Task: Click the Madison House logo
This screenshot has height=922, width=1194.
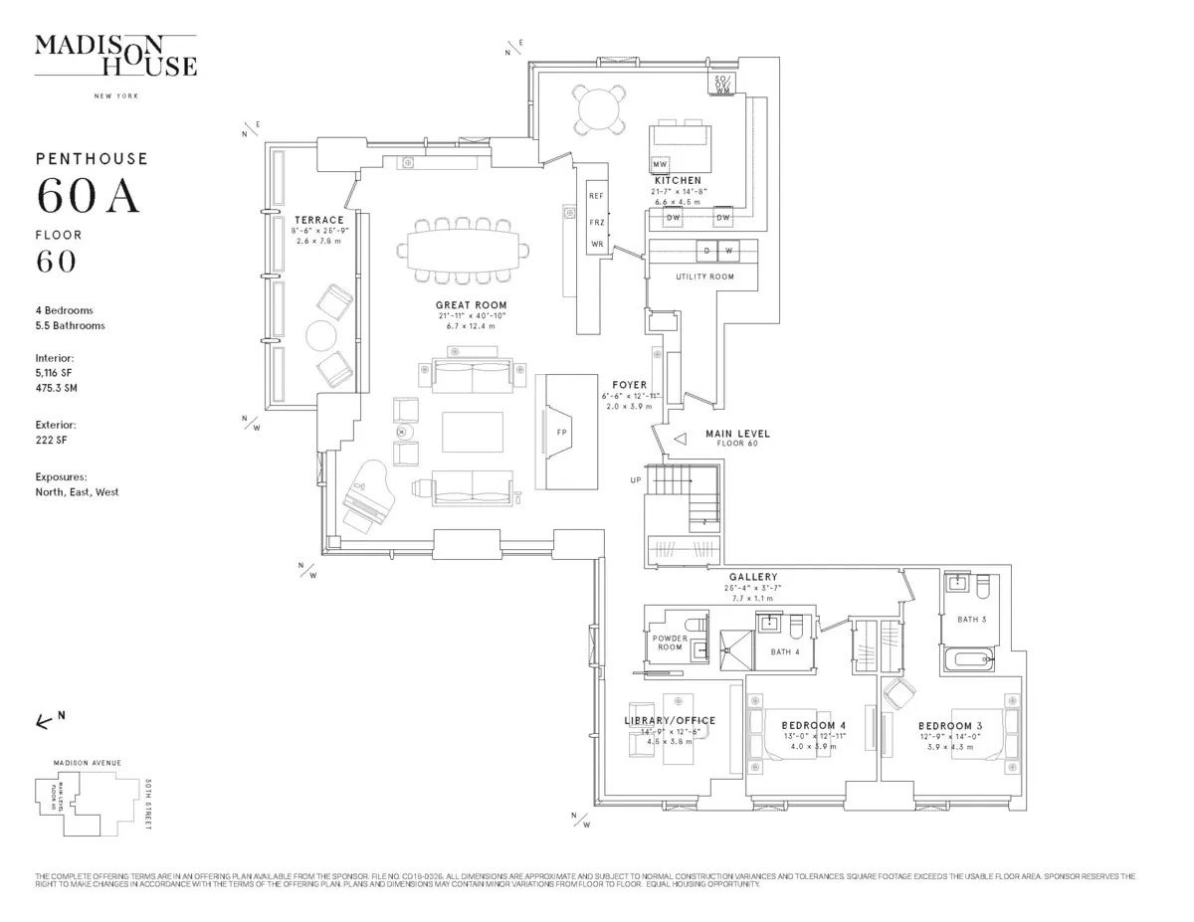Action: click(x=115, y=56)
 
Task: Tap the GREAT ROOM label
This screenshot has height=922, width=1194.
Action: click(x=471, y=305)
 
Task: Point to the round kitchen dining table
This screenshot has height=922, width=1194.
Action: click(x=598, y=108)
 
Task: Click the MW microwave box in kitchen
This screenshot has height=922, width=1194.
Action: click(x=660, y=164)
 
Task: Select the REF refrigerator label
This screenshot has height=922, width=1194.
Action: click(x=597, y=196)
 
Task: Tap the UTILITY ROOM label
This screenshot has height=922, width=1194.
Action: click(x=704, y=277)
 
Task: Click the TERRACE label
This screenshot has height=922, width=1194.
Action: click(x=318, y=220)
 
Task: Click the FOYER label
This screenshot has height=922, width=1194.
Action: click(x=630, y=385)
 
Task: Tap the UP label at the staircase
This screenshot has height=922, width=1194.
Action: click(x=636, y=479)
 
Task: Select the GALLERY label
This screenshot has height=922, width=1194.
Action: click(x=753, y=577)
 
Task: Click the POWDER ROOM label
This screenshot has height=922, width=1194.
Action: click(x=670, y=643)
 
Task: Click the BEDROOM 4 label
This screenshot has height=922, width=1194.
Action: click(x=813, y=726)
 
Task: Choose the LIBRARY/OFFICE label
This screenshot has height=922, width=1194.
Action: click(x=670, y=721)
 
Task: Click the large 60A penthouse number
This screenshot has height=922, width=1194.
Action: click(x=89, y=196)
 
